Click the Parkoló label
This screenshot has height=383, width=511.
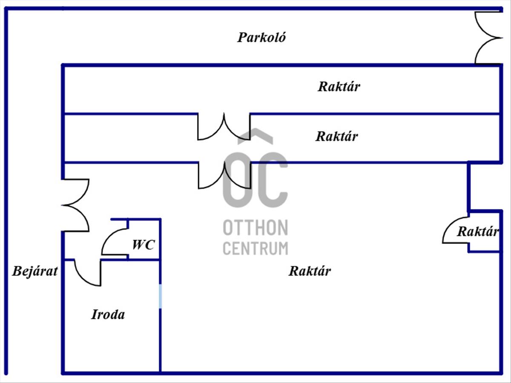tap(261, 37)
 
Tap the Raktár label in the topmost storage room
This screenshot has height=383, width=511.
tap(339, 86)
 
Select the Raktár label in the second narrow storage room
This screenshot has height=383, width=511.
tap(337, 136)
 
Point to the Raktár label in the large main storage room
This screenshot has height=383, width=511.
tap(310, 271)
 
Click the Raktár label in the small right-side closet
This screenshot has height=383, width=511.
tap(478, 232)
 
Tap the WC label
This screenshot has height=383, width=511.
tap(143, 244)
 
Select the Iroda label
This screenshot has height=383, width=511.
tap(108, 314)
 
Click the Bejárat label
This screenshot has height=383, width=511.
tap(35, 271)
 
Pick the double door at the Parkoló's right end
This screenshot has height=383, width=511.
tap(489, 38)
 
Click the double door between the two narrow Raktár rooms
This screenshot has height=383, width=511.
tap(224, 127)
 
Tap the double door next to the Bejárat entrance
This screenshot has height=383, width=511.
tap(75, 206)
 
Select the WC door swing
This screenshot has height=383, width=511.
tap(115, 242)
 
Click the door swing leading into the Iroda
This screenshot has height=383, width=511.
tap(88, 272)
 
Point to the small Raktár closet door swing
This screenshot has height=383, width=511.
tap(456, 230)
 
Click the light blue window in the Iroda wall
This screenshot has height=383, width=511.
tap(160, 296)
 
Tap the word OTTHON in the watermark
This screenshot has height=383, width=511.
tap(255, 228)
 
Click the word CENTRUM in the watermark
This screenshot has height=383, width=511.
tap(255, 249)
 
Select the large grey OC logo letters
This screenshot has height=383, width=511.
tap(255, 180)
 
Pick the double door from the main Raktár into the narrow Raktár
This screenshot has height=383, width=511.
tap(225, 175)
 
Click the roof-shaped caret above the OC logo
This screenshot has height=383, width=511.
tap(255, 136)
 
